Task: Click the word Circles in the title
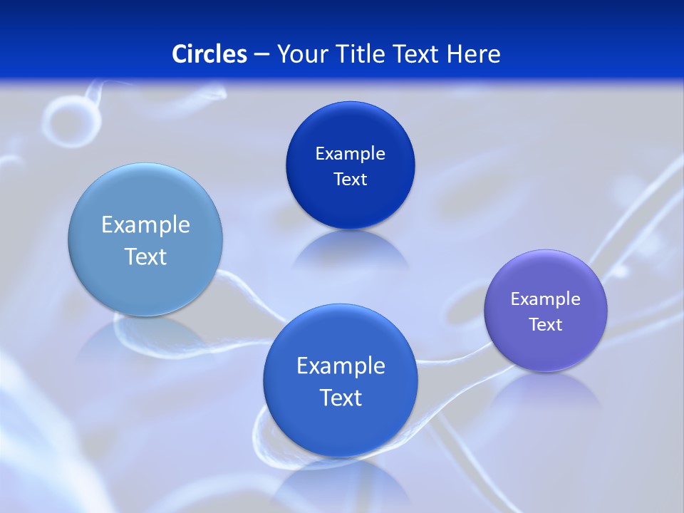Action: (x=209, y=54)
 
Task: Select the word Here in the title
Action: (x=473, y=54)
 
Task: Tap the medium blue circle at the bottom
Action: (x=341, y=427)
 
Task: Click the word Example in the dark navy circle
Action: (x=350, y=153)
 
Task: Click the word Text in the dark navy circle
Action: (x=350, y=180)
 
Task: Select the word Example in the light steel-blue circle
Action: (x=145, y=225)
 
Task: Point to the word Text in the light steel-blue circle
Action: (x=145, y=256)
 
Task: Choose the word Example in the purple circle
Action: (x=546, y=299)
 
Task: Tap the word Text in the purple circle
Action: (x=546, y=325)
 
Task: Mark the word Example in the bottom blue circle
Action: (x=341, y=366)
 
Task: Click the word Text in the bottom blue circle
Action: (x=341, y=398)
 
